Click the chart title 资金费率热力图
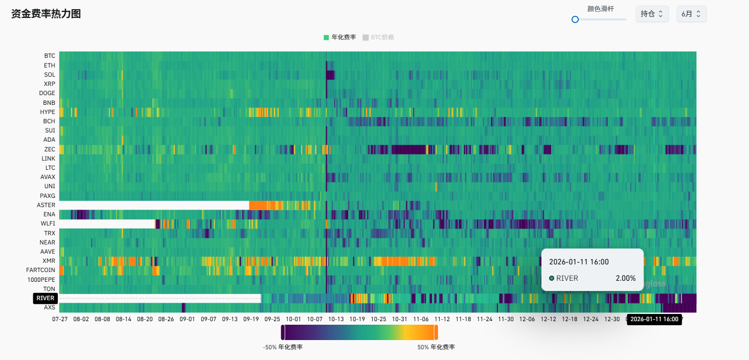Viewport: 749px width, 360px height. pos(46,14)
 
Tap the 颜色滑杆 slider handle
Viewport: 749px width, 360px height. pos(575,19)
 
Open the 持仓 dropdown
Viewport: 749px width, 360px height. pos(652,14)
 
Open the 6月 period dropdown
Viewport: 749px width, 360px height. pos(691,14)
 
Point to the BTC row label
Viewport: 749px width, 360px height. pos(50,56)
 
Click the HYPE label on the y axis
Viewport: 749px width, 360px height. pos(48,112)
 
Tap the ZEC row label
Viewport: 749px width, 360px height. pos(50,149)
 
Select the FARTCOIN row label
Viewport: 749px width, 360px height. pos(41,270)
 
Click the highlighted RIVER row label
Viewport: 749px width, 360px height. pos(46,298)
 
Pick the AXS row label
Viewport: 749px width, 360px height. pos(50,307)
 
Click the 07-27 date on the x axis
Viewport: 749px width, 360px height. pos(60,319)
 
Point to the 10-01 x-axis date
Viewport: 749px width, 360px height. pos(293,319)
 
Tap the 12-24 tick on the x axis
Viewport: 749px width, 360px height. pos(591,319)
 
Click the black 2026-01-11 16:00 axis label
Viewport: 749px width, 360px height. pos(654,319)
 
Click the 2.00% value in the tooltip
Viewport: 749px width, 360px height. pos(625,278)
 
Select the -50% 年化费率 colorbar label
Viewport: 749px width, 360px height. pos(283,347)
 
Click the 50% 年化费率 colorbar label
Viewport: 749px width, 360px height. pos(436,347)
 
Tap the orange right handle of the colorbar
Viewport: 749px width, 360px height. pos(436,332)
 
